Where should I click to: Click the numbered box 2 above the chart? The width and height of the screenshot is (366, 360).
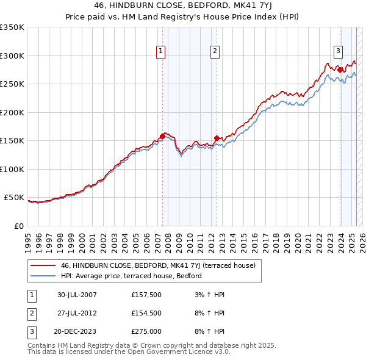216,52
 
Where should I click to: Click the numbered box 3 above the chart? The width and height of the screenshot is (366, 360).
338,52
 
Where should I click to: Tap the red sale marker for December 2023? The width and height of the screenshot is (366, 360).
340,70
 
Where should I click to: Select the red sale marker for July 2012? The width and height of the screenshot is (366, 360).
217,138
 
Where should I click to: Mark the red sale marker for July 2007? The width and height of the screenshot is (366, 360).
163,136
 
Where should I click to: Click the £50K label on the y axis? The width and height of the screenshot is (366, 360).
14,198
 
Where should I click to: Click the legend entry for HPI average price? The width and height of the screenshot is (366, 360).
131,276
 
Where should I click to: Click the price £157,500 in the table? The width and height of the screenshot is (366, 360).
145,295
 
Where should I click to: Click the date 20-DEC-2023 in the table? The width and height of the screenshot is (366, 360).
77,333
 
